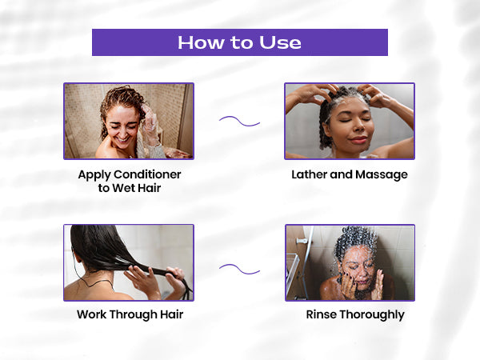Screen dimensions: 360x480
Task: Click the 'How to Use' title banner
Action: (240, 42)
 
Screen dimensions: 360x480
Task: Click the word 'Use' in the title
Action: (280, 42)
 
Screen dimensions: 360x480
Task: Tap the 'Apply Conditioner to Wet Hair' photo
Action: (129, 121)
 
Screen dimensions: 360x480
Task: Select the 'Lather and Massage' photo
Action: (350, 121)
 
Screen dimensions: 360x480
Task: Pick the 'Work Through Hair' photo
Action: (129, 262)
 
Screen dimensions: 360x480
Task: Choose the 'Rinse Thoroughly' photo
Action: (350, 262)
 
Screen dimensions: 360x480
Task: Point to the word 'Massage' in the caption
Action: (379, 174)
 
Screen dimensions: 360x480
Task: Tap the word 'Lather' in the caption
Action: (310, 174)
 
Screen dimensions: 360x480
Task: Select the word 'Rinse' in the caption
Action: (321, 314)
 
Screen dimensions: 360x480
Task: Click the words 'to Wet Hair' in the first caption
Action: (129, 187)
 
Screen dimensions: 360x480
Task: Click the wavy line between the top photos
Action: (239, 122)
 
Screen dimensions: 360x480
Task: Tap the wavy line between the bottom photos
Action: (239, 269)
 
